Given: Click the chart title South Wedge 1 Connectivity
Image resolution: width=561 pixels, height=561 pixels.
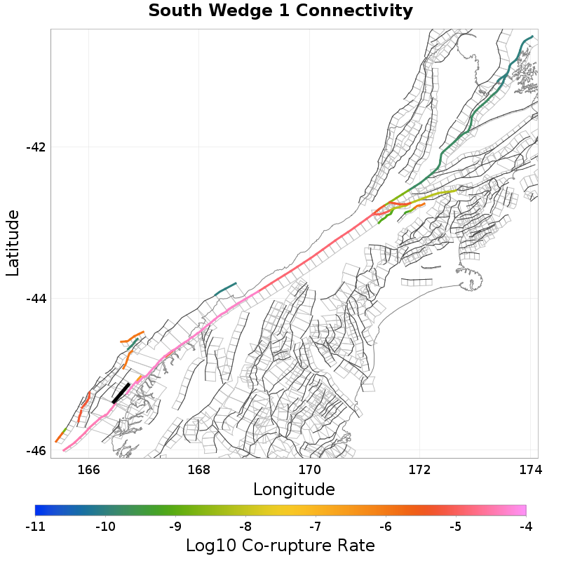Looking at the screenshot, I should [x=280, y=11].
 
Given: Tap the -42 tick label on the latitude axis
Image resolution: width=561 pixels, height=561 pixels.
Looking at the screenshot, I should [x=35, y=147].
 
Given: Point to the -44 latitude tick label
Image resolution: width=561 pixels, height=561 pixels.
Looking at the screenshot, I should [x=35, y=299].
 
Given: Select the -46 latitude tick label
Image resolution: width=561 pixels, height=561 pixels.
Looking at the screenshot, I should [x=35, y=450].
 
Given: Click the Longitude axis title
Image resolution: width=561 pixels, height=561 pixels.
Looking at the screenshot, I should [x=294, y=489].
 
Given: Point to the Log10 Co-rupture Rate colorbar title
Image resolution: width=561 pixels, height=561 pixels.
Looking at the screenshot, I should [x=280, y=545].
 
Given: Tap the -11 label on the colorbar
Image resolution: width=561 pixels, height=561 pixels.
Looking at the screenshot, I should [x=35, y=525].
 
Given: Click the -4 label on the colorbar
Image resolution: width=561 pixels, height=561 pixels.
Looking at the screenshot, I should [x=526, y=525].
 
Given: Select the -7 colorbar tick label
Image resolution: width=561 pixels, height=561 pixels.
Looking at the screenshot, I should [x=316, y=525].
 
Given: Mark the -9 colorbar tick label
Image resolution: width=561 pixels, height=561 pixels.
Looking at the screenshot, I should [x=175, y=525].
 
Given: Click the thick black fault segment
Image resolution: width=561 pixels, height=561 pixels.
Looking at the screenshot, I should [x=121, y=393].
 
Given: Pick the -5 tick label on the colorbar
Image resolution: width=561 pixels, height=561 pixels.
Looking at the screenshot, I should [x=456, y=525].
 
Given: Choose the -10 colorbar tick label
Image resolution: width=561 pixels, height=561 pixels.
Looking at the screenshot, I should [x=105, y=525].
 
